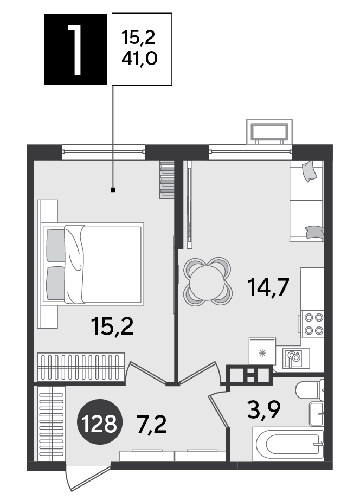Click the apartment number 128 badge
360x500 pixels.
click(x=99, y=421)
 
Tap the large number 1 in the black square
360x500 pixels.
click(x=75, y=50)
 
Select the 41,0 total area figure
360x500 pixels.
click(x=139, y=59)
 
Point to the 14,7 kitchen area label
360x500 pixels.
click(x=268, y=287)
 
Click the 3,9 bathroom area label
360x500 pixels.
click(x=263, y=410)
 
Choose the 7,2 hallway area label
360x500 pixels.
click(x=152, y=425)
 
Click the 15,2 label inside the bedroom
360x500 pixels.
click(x=112, y=326)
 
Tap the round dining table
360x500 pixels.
click(x=207, y=281)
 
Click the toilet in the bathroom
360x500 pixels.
click(x=309, y=390)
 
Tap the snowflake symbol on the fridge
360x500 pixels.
click(x=262, y=353)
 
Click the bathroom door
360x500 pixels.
click(x=218, y=410)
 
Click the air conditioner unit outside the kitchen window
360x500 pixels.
click(x=269, y=132)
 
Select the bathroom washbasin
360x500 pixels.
click(x=316, y=414)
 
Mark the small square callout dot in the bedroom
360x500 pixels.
click(x=113, y=190)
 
